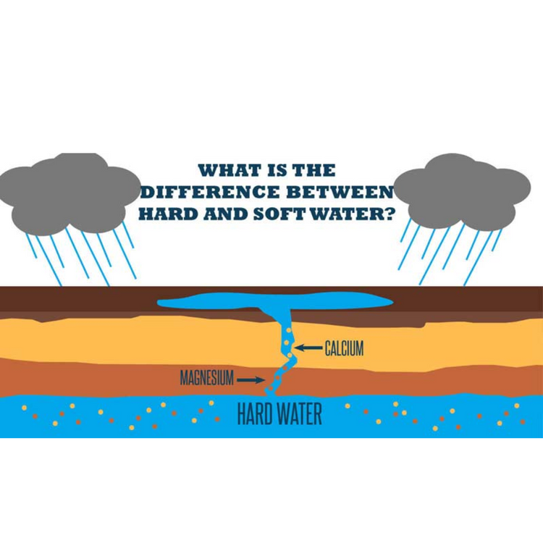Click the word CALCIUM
click(x=343, y=349)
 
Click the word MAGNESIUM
click(x=206, y=378)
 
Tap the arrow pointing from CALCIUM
click(x=307, y=349)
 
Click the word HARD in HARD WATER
click(x=257, y=413)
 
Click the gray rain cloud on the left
click(x=70, y=192)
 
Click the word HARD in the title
click(x=168, y=214)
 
